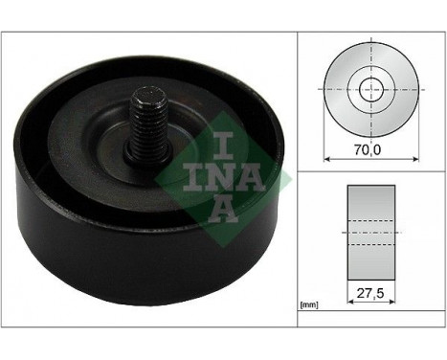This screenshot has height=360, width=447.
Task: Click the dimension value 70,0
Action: point(368,151)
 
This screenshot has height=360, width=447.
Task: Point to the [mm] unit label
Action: point(308,305)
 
